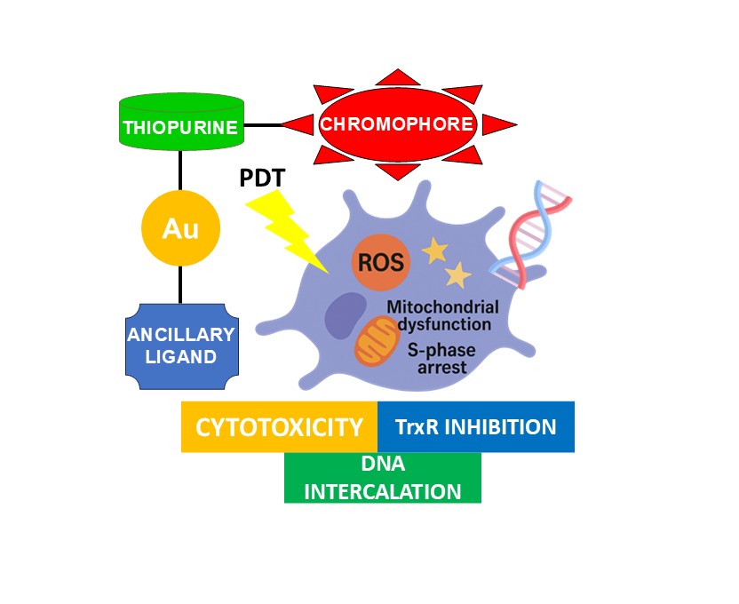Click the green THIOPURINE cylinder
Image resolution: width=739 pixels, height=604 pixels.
(x=180, y=125)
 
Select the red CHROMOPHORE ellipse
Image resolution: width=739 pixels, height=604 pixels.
(x=398, y=123)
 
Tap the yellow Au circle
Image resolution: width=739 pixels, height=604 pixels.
(x=180, y=229)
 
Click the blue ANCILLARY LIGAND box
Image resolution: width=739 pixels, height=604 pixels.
(x=180, y=346)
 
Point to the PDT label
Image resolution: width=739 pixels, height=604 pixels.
(x=262, y=178)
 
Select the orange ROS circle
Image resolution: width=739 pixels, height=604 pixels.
(x=380, y=262)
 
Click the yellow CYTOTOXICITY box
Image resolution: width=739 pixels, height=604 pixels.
(x=279, y=427)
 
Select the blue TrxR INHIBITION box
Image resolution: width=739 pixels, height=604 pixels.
(x=476, y=427)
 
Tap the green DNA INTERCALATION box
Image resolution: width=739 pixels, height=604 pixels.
(x=383, y=478)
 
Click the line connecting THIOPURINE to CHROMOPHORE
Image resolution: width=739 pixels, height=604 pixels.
(x=263, y=125)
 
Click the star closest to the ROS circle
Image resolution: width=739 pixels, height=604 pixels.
(x=434, y=252)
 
